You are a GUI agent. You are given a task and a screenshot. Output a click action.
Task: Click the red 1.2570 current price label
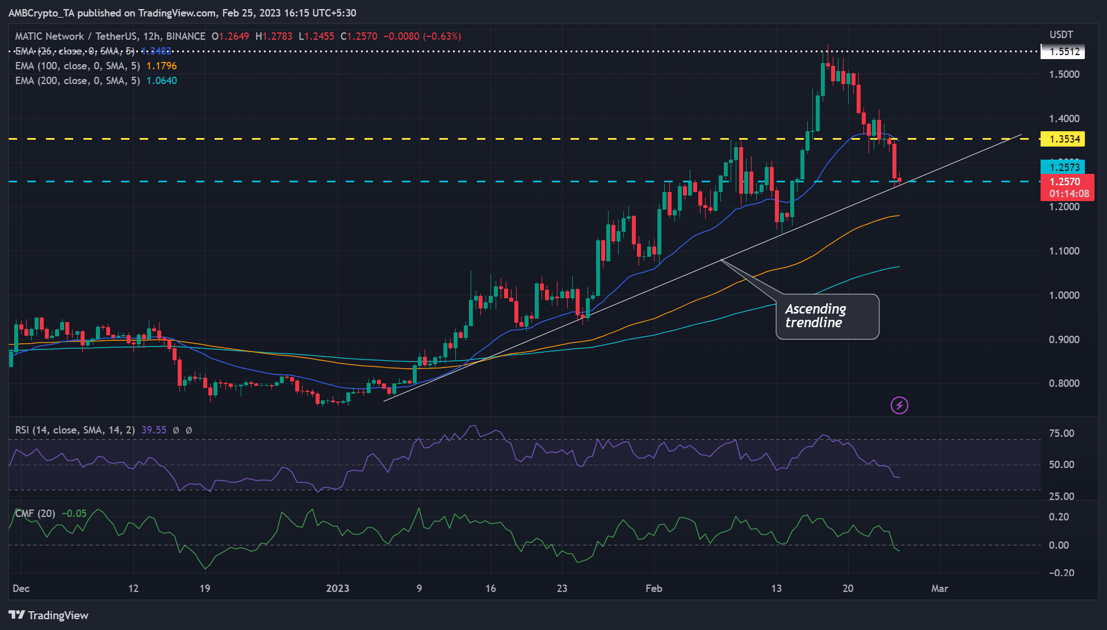pos(1067,182)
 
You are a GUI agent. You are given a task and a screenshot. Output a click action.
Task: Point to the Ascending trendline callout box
pos(827,316)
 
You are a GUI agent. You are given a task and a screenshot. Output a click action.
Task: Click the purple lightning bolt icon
pos(899,405)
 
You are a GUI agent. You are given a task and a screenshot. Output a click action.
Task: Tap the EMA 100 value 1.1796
pos(162,66)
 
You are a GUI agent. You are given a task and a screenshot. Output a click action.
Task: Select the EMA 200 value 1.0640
pos(162,81)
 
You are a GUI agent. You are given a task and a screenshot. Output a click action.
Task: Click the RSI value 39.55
pos(154,430)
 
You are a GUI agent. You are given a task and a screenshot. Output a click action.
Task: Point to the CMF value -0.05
pos(74,514)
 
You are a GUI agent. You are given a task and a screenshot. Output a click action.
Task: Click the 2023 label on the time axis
pos(338,589)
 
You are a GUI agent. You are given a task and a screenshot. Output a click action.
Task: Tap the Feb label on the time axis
pos(654,589)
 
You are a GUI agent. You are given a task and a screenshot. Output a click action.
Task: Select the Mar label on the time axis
pos(940,589)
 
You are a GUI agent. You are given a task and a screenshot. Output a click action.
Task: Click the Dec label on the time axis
pos(21,589)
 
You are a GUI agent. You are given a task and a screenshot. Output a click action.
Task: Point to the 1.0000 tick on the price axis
pos(1064,295)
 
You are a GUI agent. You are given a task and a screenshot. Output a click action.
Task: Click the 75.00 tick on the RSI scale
pos(1062,433)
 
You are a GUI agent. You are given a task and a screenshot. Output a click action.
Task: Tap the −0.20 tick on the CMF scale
pos(1062,573)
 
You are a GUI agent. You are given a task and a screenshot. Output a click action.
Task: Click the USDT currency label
pos(1061,35)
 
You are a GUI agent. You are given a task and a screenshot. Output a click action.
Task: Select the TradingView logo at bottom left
pos(49,615)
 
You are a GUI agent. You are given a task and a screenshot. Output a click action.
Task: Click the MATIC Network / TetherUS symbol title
pos(110,36)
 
